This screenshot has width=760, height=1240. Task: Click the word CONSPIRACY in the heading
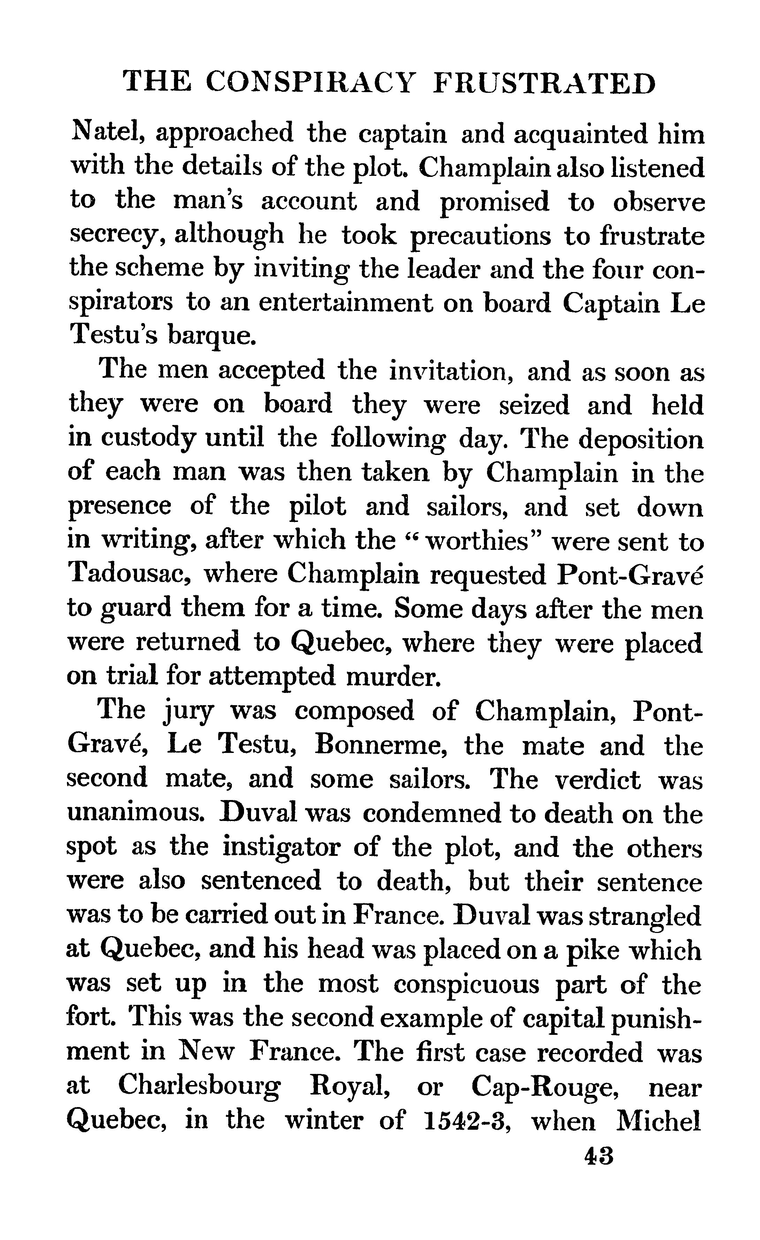pyautogui.click(x=311, y=83)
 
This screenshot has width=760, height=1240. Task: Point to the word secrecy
pyautogui.click(x=118, y=235)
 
